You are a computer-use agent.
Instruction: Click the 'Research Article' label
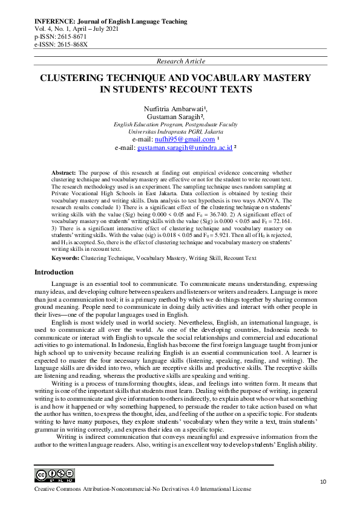[180, 61]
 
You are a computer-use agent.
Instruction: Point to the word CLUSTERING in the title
[76, 78]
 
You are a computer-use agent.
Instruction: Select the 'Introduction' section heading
[54, 272]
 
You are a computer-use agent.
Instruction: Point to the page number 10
[323, 481]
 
